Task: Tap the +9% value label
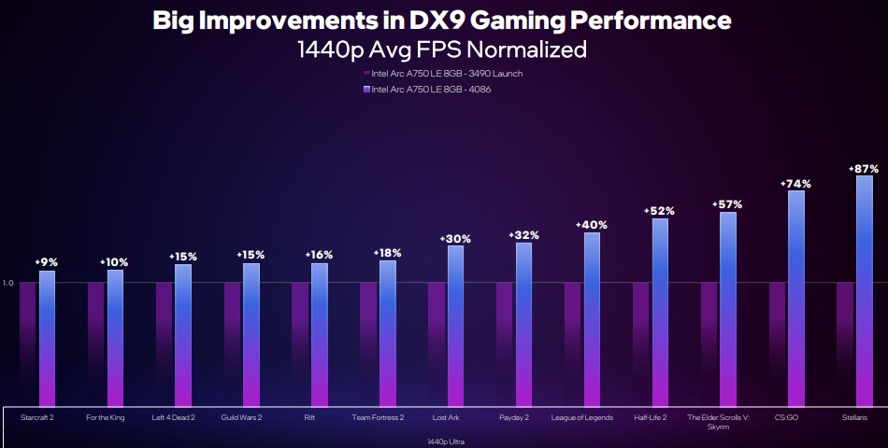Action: point(47,263)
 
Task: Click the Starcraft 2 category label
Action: point(37,417)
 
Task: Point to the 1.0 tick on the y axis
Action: point(8,283)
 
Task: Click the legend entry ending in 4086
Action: point(431,90)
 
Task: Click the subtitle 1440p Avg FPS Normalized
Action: point(442,49)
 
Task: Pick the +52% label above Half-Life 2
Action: point(659,212)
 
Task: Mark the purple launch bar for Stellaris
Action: point(845,344)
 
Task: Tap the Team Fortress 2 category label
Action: point(378,417)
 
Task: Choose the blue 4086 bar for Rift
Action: point(320,334)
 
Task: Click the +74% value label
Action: point(795,184)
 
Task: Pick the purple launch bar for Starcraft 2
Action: point(27,344)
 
